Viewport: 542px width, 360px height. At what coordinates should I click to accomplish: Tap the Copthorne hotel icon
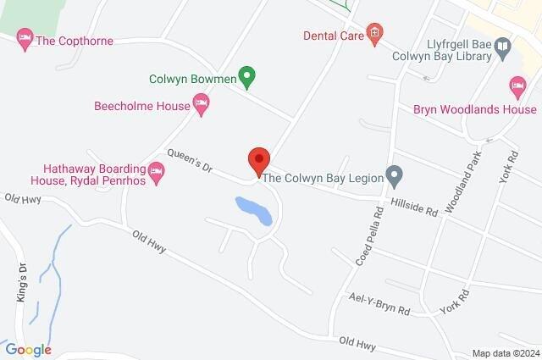(25, 40)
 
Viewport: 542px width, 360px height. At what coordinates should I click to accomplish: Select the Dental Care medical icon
(374, 35)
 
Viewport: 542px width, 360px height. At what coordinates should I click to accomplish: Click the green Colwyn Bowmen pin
(246, 77)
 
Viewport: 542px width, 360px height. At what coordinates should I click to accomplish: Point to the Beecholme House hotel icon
(202, 105)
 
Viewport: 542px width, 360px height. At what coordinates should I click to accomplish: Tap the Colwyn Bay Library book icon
(503, 46)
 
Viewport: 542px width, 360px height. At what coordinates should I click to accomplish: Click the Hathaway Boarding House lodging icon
(155, 175)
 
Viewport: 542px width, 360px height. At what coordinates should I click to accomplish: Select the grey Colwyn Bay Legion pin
(393, 176)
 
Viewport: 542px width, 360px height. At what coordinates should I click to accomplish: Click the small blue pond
(254, 210)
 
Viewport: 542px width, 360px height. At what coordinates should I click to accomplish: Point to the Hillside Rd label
(414, 206)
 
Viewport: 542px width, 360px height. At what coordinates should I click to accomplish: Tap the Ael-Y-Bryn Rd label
(379, 304)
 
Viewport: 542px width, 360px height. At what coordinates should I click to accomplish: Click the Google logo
(28, 350)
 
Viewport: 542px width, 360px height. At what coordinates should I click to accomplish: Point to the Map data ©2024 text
(505, 353)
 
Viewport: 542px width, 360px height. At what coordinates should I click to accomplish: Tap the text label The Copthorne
(75, 41)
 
